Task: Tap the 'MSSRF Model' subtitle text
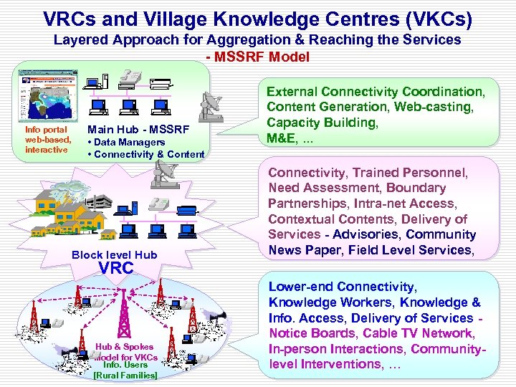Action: [x=257, y=57]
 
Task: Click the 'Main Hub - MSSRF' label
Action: [x=138, y=130]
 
